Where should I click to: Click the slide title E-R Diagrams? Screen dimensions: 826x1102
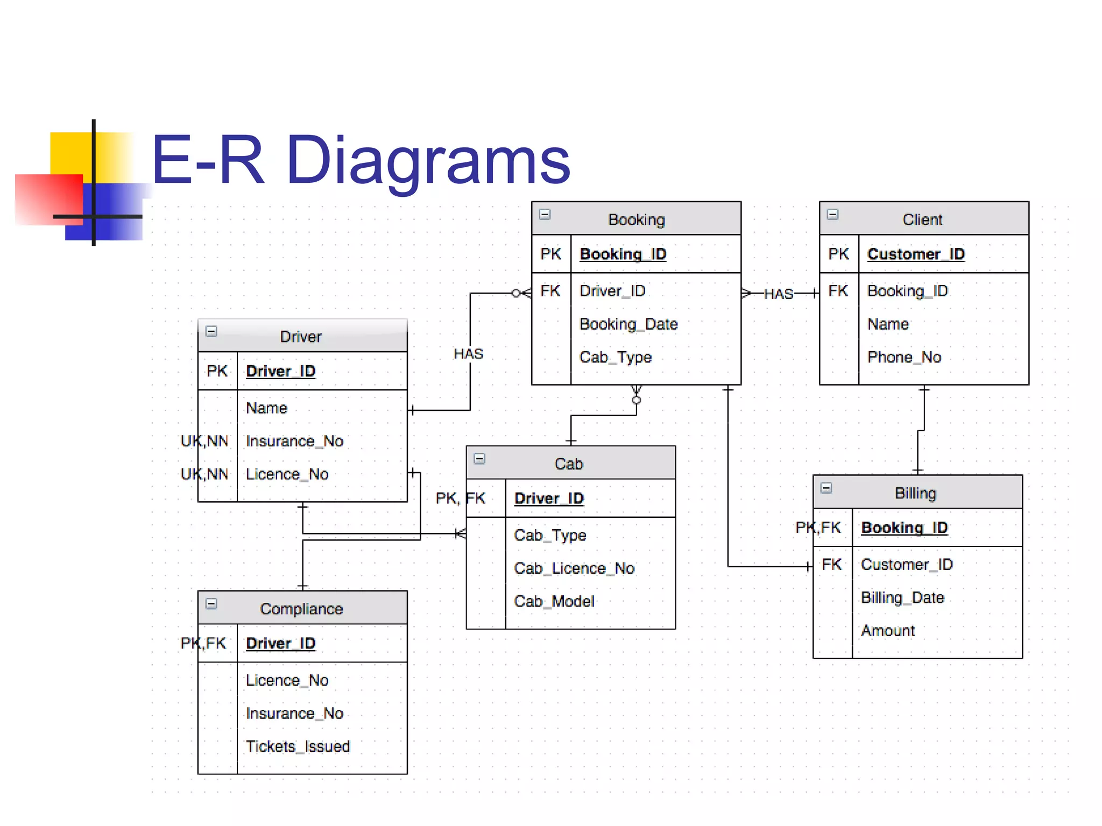[361, 160]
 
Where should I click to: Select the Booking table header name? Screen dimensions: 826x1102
[637, 219]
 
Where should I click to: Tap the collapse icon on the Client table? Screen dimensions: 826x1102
[832, 215]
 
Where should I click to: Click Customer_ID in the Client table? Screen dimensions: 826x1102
[916, 254]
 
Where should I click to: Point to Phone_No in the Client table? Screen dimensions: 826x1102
[904, 357]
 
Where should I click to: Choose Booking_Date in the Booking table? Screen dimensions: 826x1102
[628, 324]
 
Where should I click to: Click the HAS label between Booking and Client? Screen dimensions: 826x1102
[778, 294]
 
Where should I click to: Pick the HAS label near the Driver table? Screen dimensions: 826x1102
[468, 354]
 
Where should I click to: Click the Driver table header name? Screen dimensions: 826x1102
[301, 337]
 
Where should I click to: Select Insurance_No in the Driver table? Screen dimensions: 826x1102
[294, 441]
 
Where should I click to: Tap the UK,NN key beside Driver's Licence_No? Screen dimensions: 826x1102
[204, 474]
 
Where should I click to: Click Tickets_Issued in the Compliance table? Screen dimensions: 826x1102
[298, 746]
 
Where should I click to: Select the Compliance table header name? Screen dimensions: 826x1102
[301, 609]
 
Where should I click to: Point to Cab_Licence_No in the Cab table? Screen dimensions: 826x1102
[574, 568]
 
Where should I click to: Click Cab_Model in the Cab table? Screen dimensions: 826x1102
[554, 601]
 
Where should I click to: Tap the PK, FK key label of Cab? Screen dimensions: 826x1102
[460, 499]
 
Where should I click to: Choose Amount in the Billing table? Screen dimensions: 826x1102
[888, 631]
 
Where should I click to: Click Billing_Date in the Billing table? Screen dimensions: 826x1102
[902, 597]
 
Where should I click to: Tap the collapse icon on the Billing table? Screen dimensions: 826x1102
[826, 488]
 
